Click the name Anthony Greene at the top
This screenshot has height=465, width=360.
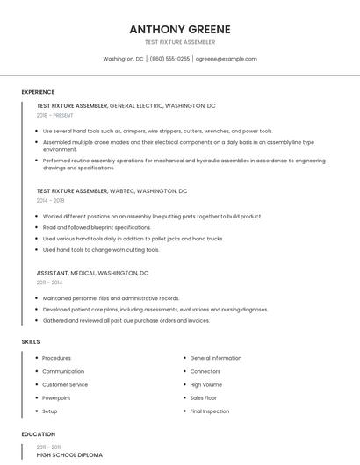point(179,29)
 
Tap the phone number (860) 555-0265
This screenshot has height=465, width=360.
point(169,59)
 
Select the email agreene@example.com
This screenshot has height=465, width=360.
point(226,59)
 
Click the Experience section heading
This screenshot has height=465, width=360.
point(38,92)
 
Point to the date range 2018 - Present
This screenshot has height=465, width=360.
point(56,115)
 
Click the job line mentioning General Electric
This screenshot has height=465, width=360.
point(126,105)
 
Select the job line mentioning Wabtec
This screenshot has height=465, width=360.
point(112,190)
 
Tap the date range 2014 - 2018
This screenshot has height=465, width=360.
point(50,200)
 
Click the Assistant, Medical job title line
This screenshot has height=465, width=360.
point(92,273)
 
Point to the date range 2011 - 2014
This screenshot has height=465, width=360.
point(49,283)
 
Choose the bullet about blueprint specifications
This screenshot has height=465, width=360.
point(97,227)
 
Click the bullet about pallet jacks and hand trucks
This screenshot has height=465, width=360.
point(133,239)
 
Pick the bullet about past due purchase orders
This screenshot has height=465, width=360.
point(126,320)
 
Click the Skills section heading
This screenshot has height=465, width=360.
point(30,341)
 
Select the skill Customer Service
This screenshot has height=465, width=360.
point(65,384)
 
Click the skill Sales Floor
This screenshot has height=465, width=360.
point(204,397)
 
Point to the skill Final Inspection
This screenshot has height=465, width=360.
point(209,411)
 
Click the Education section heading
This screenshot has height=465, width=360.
point(38,434)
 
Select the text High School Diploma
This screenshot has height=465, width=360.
point(69,455)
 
